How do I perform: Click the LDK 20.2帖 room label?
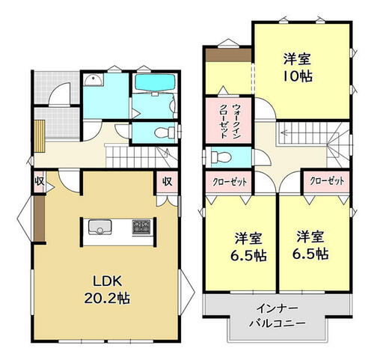(x=107, y=290)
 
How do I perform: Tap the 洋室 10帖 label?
(x=298, y=67)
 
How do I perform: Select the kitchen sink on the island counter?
(x=99, y=227)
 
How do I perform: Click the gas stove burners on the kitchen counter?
(x=141, y=227)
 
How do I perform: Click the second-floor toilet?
(x=221, y=157)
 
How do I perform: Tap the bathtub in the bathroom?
(x=155, y=83)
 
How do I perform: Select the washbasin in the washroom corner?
(x=93, y=79)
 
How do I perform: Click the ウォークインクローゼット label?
(x=229, y=120)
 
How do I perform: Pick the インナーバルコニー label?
(x=278, y=316)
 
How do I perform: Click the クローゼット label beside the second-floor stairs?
(x=327, y=181)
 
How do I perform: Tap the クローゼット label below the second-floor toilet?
(x=230, y=182)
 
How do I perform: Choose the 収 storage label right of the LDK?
(x=168, y=181)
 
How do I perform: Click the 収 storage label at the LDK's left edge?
(x=40, y=181)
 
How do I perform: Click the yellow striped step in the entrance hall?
(x=40, y=136)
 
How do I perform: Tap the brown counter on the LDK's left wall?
(x=40, y=219)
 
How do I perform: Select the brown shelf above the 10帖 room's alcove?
(x=229, y=55)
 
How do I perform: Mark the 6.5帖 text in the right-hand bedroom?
(x=310, y=254)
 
